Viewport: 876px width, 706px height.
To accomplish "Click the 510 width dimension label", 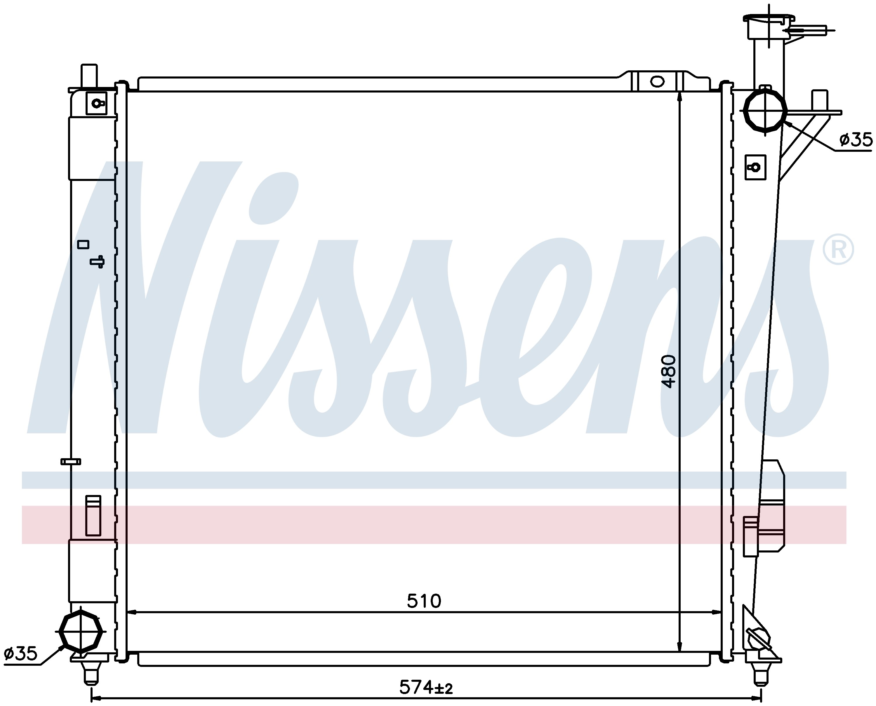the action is tap(424, 601).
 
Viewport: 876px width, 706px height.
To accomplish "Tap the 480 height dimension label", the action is tap(668, 371).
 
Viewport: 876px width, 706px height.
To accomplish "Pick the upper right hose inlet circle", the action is tap(765, 110).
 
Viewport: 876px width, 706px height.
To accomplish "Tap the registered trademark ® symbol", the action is tap(838, 249).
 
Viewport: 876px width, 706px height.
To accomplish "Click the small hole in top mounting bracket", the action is tap(657, 81).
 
